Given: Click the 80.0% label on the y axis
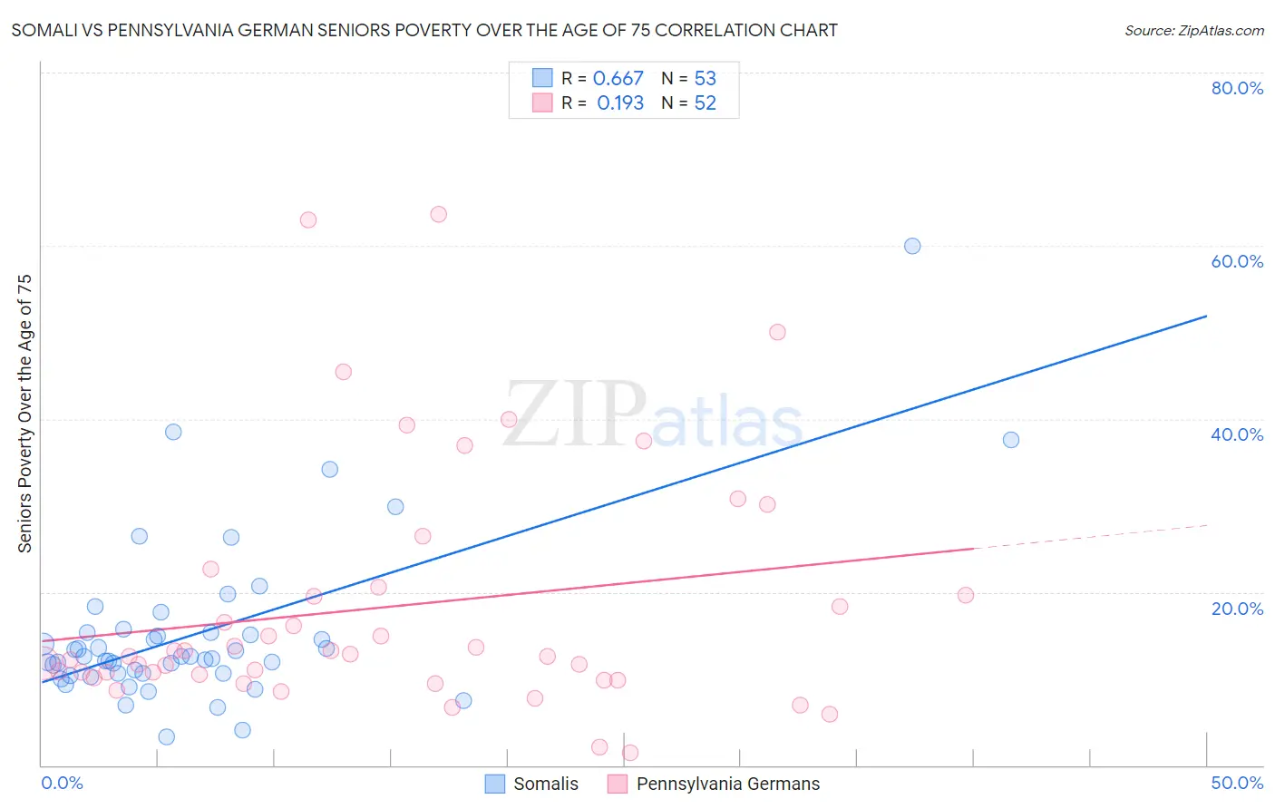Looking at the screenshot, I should pos(1237,88).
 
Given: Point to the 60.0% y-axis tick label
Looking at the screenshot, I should pos(1237,261).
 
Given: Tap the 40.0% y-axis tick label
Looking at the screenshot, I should pos(1237,434).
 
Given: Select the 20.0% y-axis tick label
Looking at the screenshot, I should pos(1237,609).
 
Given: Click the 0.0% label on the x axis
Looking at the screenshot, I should pos(62,783).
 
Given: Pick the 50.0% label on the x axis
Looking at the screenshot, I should pos(1237,783).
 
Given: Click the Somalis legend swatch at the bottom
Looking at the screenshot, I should pos(495,784).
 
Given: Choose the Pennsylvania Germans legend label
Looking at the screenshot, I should pos(727,784).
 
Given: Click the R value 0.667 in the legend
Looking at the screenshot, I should pos(618,79).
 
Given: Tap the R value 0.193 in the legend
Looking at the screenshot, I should pos(620,103).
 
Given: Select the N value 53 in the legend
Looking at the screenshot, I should pos(705,79).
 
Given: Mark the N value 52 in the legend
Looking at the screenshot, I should pos(705,103).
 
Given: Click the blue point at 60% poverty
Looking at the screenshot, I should pos(912,246).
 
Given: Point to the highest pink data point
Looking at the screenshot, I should pos(438,215).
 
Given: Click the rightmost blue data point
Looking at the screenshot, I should pos(1011,440).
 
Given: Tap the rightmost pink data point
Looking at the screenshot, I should pos(966,595).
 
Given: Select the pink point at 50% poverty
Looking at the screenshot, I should pos(777,332).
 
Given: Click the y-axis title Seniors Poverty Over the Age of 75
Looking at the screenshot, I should pos(25,414).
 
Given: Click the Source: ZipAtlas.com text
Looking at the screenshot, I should pos(1193,31).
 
